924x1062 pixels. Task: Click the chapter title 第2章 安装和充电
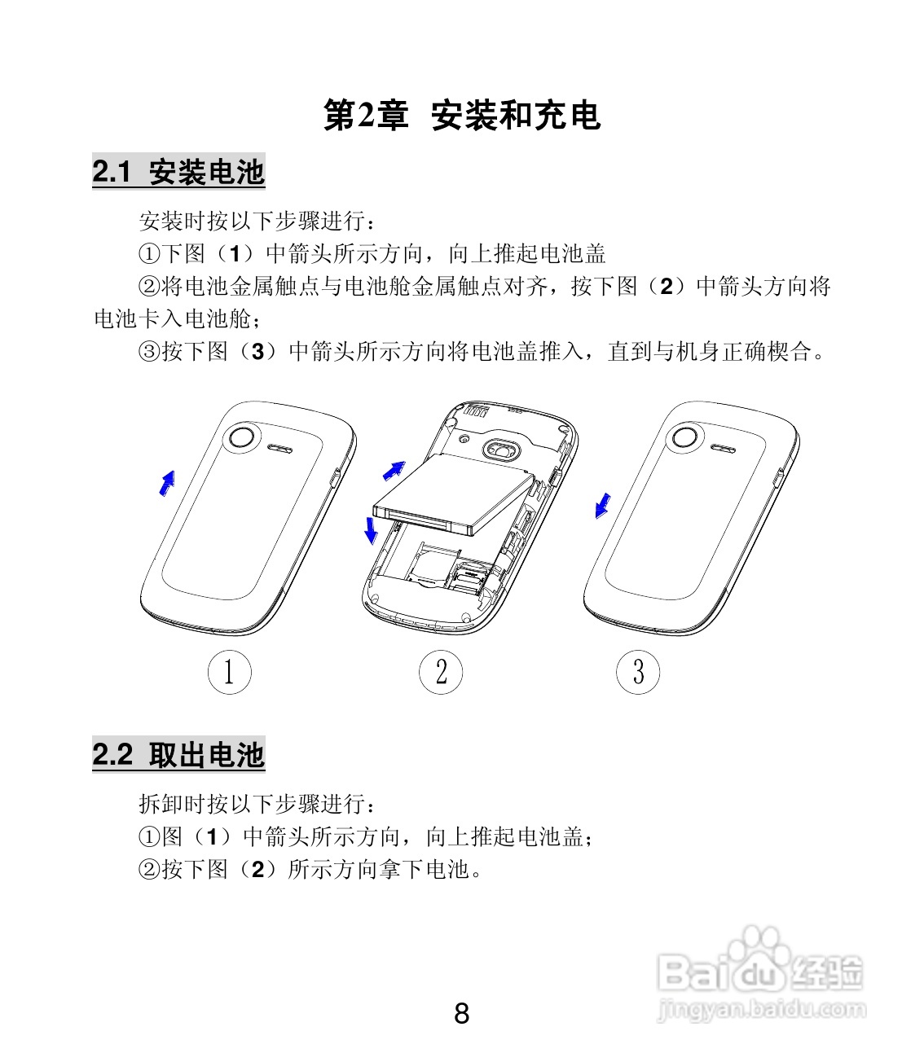click(x=461, y=116)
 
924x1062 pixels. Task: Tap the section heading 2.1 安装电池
click(x=178, y=173)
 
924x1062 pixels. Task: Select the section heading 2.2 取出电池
click(x=178, y=755)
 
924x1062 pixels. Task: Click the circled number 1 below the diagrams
click(x=229, y=673)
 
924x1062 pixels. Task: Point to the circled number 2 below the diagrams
click(x=441, y=673)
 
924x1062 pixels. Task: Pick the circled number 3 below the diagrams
click(x=638, y=673)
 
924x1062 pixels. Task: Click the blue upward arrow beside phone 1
click(x=167, y=482)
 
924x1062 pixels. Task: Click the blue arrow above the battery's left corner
click(x=394, y=470)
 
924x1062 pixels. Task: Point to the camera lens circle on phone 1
click(x=241, y=437)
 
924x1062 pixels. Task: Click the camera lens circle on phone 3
click(x=684, y=437)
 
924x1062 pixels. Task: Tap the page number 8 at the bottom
click(x=461, y=1014)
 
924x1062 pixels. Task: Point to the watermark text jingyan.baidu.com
click(x=761, y=1010)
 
